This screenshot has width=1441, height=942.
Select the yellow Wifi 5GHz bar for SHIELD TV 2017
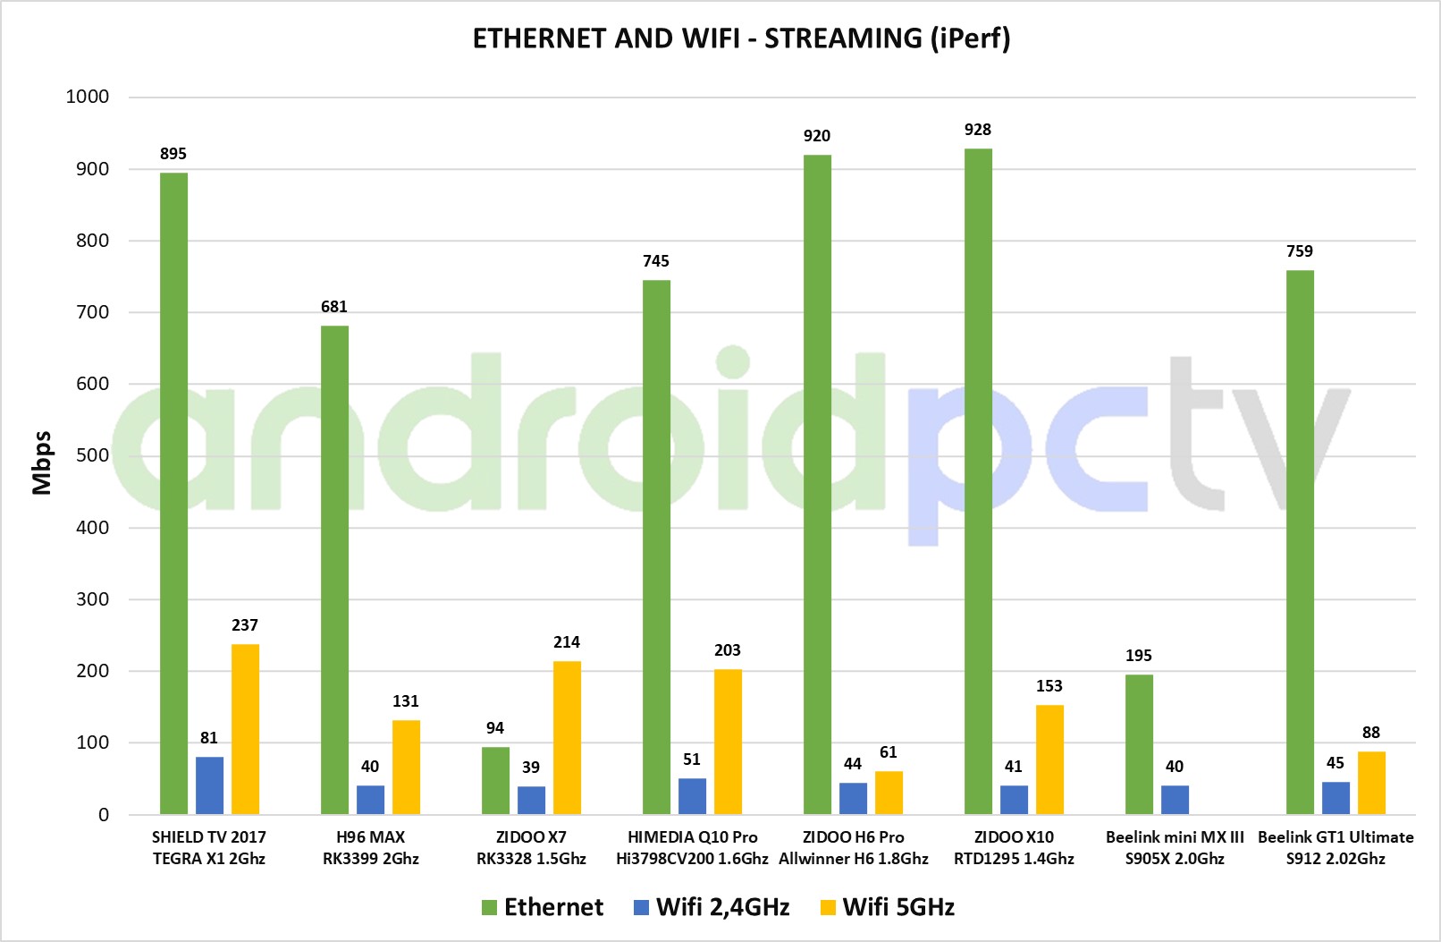click(x=245, y=729)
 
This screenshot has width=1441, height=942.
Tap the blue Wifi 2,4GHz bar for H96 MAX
click(x=370, y=800)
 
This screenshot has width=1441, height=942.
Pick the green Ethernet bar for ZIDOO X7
click(x=495, y=780)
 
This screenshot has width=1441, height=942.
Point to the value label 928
click(x=978, y=130)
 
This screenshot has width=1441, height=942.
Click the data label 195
click(x=1139, y=656)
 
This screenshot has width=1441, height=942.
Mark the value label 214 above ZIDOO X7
click(x=567, y=642)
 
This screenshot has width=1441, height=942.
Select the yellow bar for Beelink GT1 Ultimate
click(x=1371, y=783)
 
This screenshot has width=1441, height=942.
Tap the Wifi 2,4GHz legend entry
click(x=712, y=907)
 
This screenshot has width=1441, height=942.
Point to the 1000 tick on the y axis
click(x=88, y=97)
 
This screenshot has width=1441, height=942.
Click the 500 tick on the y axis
click(x=93, y=455)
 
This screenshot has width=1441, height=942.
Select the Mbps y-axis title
click(x=41, y=463)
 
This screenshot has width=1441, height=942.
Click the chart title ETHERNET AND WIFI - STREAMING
click(x=741, y=38)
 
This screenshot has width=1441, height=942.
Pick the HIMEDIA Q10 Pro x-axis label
click(x=692, y=848)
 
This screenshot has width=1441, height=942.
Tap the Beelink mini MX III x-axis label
click(x=1175, y=848)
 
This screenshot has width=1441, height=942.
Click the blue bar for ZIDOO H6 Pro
click(x=853, y=798)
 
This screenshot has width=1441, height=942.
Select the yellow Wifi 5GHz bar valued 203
click(x=728, y=742)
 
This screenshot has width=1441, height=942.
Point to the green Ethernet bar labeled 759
click(x=1300, y=542)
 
